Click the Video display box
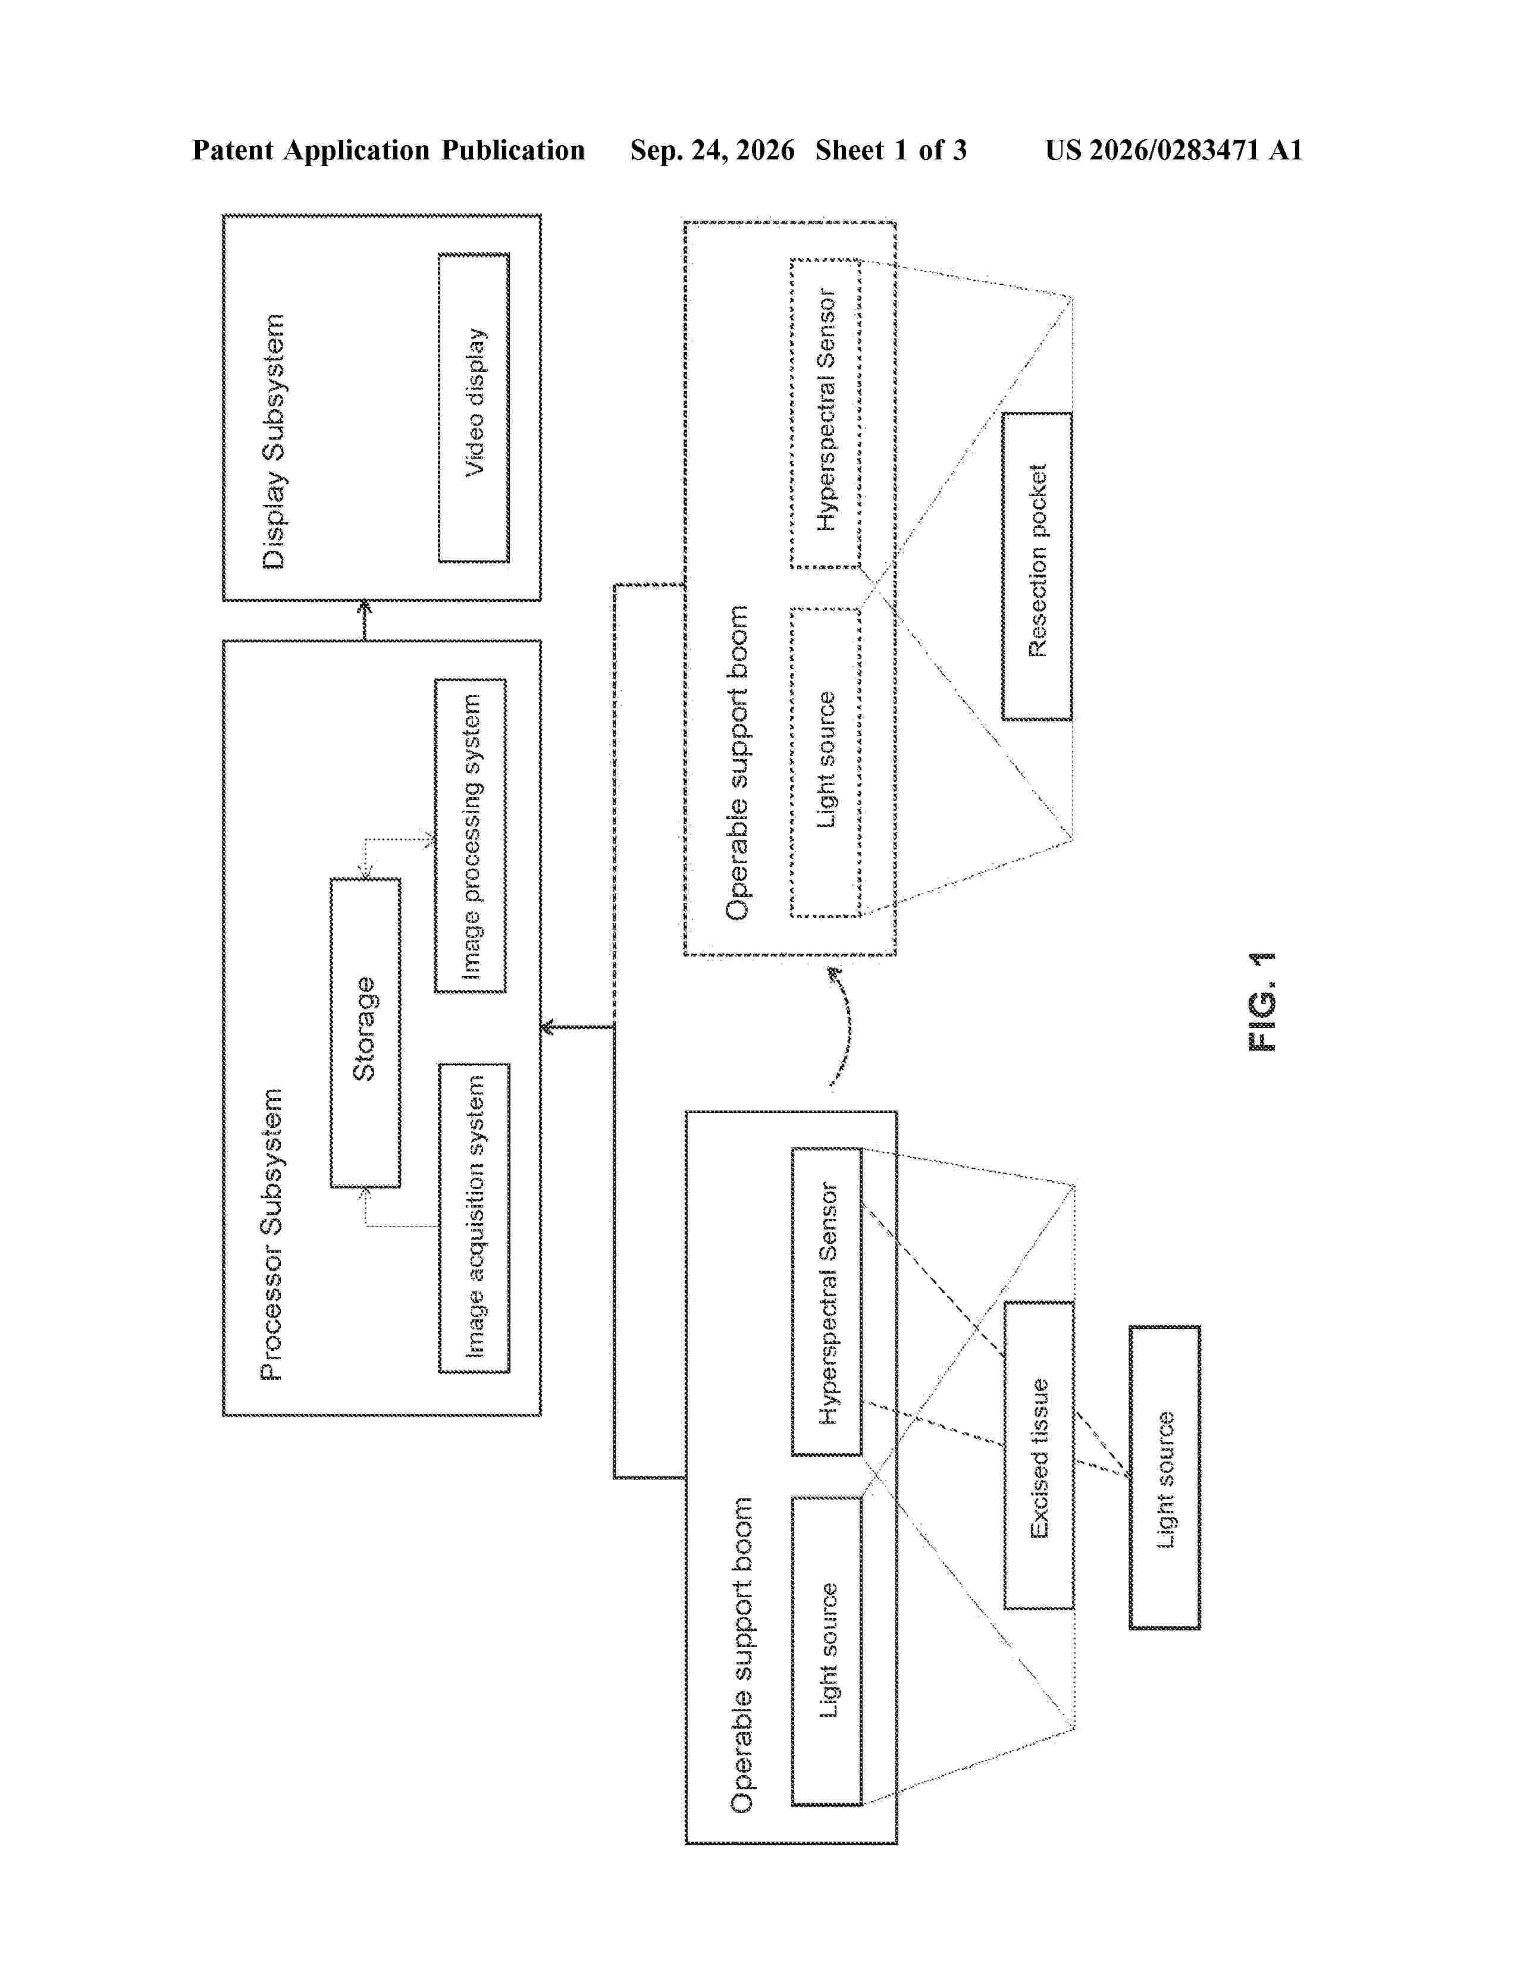[x=474, y=408]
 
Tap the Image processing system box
[x=470, y=836]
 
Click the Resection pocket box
[x=1037, y=566]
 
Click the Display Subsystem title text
[x=273, y=441]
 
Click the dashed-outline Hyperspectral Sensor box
[x=826, y=413]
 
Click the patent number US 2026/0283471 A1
[x=1174, y=150]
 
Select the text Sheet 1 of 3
[x=891, y=150]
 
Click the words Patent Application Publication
[x=388, y=150]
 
